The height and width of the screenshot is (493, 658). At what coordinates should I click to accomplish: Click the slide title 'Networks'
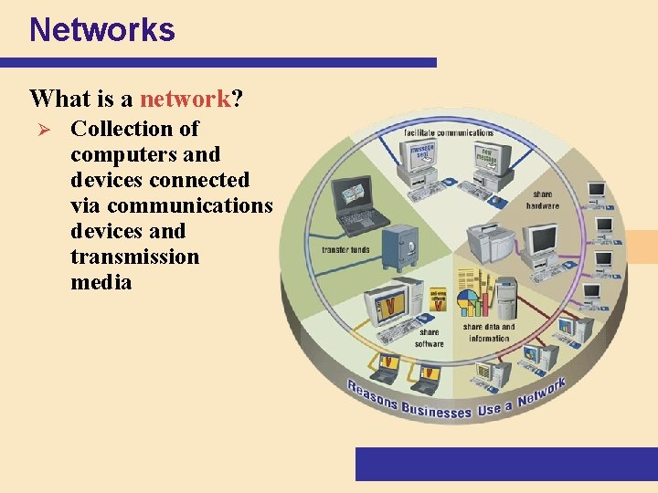[101, 29]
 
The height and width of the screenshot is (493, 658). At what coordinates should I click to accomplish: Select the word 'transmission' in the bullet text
[134, 257]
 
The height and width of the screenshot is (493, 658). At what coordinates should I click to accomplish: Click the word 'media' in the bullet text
[101, 282]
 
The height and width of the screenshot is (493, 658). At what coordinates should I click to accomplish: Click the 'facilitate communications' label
[449, 132]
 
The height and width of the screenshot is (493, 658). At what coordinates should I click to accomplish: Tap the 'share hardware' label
[542, 200]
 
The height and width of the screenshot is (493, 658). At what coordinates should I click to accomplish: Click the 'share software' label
[429, 338]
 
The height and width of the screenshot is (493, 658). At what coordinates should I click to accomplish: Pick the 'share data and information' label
[489, 332]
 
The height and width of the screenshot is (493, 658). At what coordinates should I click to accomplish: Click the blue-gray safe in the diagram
[399, 245]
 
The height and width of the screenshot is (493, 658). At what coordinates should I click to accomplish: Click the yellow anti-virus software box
[440, 302]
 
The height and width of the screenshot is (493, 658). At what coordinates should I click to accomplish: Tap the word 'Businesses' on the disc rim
[436, 409]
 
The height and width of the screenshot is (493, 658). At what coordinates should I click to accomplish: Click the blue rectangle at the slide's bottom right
[505, 464]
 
